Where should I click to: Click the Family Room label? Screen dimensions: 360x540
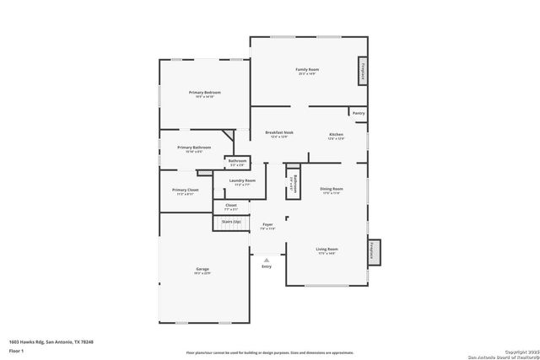pyautogui.click(x=305, y=69)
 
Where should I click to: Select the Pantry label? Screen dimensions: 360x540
pyautogui.click(x=358, y=112)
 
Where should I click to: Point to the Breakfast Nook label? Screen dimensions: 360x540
pyautogui.click(x=278, y=132)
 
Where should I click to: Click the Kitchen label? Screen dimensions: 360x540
pyautogui.click(x=336, y=134)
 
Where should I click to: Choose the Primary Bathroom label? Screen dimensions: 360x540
pyautogui.click(x=194, y=148)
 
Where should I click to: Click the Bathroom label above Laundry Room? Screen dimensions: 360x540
pyautogui.click(x=237, y=161)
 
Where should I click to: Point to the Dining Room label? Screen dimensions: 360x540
pyautogui.click(x=331, y=189)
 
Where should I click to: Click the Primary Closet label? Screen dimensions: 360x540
pyautogui.click(x=185, y=191)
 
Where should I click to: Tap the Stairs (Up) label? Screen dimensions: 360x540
pyautogui.click(x=231, y=221)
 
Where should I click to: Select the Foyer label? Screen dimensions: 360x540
pyautogui.click(x=267, y=224)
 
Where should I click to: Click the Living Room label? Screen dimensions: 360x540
pyautogui.click(x=327, y=250)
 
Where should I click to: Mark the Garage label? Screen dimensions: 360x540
pyautogui.click(x=202, y=269)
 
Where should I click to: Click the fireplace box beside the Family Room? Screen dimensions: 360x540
pyautogui.click(x=363, y=72)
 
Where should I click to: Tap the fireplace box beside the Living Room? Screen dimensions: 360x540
pyautogui.click(x=373, y=251)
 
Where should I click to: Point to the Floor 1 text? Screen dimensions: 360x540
pyautogui.click(x=17, y=349)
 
